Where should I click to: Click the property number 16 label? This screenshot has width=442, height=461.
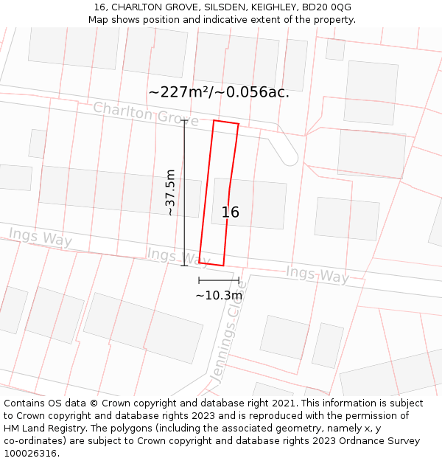pyautogui.click(x=231, y=212)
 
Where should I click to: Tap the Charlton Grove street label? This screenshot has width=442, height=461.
pyautogui.click(x=145, y=114)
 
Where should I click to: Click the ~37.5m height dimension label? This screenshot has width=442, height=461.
pyautogui.click(x=170, y=193)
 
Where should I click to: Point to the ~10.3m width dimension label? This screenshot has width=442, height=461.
pyautogui.click(x=219, y=296)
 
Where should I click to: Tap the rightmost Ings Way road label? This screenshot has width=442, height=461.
pyautogui.click(x=317, y=274)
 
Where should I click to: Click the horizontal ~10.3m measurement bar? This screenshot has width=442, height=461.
pyautogui.click(x=219, y=280)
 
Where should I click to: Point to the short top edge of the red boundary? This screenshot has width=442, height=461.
pyautogui.click(x=226, y=122)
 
